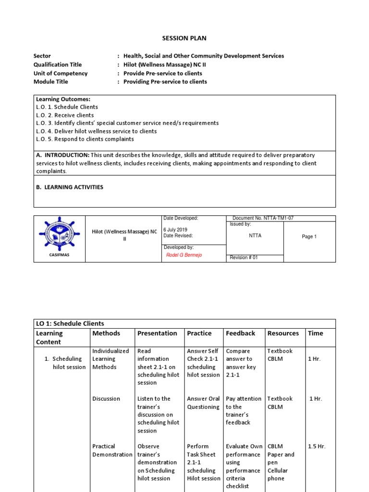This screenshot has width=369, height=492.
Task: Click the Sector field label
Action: click(x=42, y=56)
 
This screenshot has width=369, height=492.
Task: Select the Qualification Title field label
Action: click(x=58, y=64)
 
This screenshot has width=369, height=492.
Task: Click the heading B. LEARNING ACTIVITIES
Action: click(x=70, y=187)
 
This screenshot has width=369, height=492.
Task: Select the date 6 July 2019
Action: click(x=175, y=230)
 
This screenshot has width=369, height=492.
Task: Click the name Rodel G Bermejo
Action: click(x=184, y=255)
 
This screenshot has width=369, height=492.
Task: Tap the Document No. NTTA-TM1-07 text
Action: click(x=263, y=218)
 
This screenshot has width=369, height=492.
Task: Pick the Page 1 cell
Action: click(x=309, y=236)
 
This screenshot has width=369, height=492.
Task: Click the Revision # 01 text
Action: click(x=244, y=258)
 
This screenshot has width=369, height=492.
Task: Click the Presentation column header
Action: click(x=157, y=333)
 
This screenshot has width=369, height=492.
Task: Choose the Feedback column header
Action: click(x=241, y=333)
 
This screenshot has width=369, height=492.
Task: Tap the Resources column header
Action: click(x=283, y=333)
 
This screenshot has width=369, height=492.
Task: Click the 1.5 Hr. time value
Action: click(x=317, y=446)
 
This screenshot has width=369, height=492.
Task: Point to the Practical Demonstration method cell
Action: click(x=112, y=450)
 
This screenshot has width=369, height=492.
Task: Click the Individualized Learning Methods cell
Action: click(x=111, y=359)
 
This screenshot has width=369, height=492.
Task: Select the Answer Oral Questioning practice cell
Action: click(x=203, y=403)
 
